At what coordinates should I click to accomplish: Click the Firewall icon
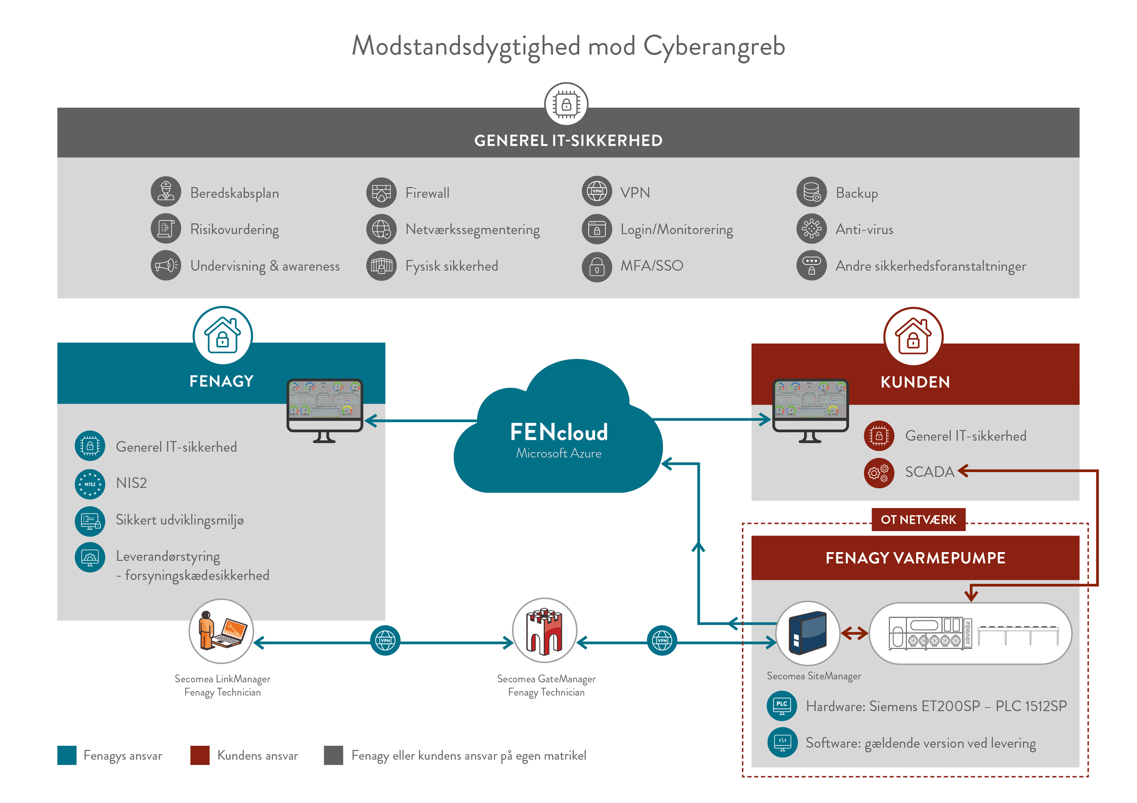point(381,193)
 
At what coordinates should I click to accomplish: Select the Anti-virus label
point(864,229)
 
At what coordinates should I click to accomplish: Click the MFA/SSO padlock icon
point(597,267)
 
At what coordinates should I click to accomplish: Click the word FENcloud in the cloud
point(558,432)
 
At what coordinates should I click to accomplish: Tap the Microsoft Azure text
point(558,453)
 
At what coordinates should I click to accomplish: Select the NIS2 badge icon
point(90,484)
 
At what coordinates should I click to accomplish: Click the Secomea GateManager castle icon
point(544,630)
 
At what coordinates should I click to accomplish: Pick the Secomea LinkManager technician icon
point(221,631)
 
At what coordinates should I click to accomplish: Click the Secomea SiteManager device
point(808,633)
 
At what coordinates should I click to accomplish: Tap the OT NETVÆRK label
point(918,519)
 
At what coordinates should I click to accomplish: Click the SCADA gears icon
point(879,473)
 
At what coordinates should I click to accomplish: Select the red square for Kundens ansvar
point(200,755)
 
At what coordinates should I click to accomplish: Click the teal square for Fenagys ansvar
point(67,755)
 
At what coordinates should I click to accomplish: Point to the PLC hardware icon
point(781,706)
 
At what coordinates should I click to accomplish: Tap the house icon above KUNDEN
point(913,336)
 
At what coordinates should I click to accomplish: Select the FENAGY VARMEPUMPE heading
point(915,558)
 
